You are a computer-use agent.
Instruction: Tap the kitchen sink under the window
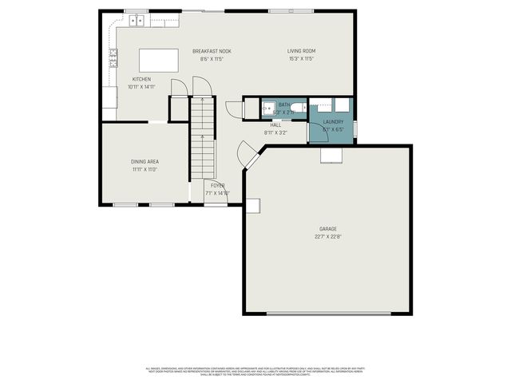click(137, 21)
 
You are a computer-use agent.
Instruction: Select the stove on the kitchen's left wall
click(113, 55)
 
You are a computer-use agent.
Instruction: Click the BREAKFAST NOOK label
click(212, 51)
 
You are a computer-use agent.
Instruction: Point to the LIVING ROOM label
click(301, 51)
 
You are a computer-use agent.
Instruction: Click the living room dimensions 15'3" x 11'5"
click(301, 58)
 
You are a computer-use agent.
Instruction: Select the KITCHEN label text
click(141, 79)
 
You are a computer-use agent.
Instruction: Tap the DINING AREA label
click(145, 161)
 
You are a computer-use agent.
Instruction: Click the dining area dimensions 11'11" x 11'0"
click(145, 169)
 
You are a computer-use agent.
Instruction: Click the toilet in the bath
click(296, 107)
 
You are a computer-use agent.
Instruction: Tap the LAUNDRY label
click(333, 121)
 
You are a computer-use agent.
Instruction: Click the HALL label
click(275, 125)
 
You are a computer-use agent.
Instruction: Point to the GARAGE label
click(328, 229)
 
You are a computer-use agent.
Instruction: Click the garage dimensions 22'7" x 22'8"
click(328, 236)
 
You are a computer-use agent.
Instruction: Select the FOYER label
click(217, 185)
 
